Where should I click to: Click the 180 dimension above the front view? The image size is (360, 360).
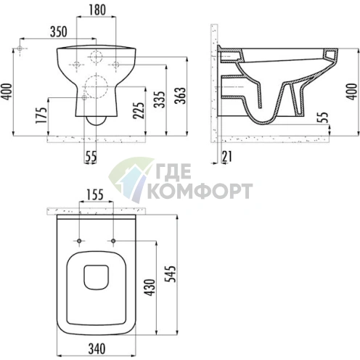[x=97, y=10]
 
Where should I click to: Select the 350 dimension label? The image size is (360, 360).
[x=59, y=32]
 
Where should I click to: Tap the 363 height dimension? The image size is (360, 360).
[x=181, y=96]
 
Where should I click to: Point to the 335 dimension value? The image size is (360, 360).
[x=160, y=99]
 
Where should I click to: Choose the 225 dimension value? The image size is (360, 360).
[x=139, y=110]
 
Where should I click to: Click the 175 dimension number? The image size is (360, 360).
[x=41, y=115]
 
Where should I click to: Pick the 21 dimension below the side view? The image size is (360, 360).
[x=227, y=156]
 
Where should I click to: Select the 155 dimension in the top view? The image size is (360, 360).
[x=95, y=195]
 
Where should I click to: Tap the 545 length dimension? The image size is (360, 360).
[x=170, y=274]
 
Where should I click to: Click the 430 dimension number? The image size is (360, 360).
[x=150, y=287]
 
